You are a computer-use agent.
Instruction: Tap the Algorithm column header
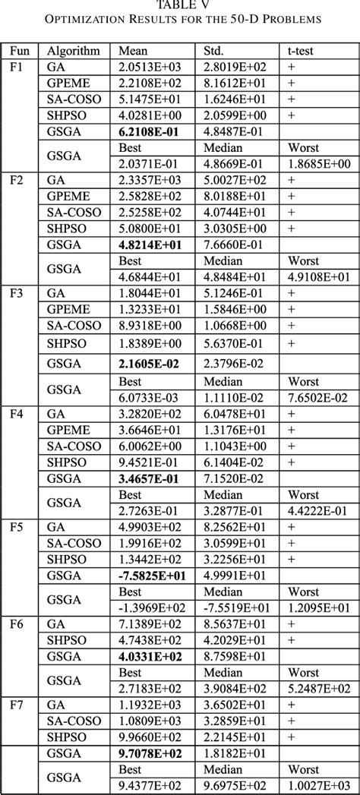(74, 52)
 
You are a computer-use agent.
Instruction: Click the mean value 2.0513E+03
(149, 67)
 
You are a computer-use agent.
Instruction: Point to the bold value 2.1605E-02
(149, 361)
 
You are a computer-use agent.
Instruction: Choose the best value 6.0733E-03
(149, 397)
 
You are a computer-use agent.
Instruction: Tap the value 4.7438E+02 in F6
(149, 639)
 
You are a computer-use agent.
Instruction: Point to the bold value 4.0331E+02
(149, 655)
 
